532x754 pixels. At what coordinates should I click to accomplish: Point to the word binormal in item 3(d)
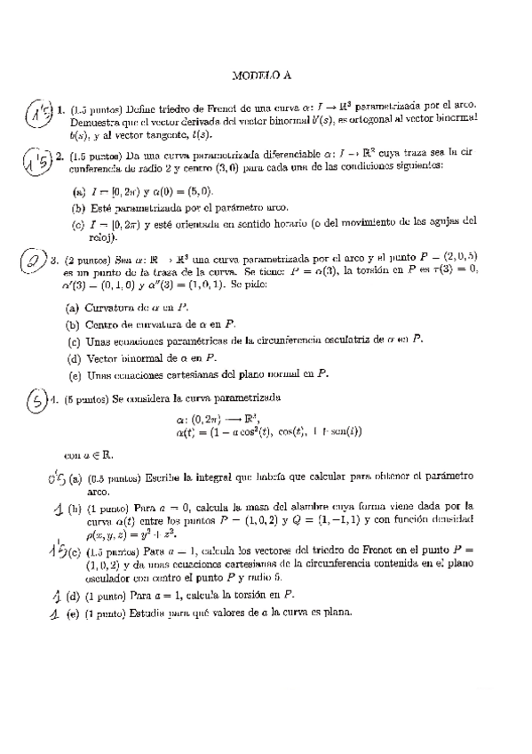tap(143, 357)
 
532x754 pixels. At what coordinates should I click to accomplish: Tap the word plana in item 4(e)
tap(336, 612)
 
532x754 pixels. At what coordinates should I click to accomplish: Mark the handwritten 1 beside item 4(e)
tap(53, 611)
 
